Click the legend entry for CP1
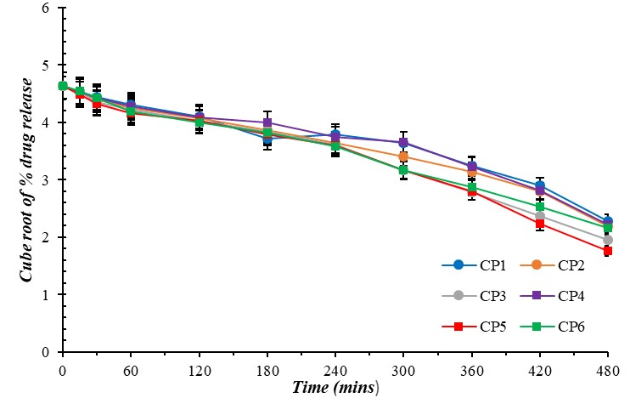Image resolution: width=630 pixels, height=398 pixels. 476,265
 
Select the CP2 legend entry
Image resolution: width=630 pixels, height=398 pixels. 554,265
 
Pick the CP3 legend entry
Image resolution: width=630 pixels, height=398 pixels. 476,295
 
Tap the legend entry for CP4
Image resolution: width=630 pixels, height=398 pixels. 554,295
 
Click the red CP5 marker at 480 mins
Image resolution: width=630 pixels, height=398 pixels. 608,251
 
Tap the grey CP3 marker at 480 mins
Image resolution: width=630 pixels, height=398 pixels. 608,240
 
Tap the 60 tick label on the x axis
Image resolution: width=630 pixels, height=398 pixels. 131,367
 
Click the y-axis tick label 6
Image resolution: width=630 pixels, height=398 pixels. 46,9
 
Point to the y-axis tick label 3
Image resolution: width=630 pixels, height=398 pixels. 46,180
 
